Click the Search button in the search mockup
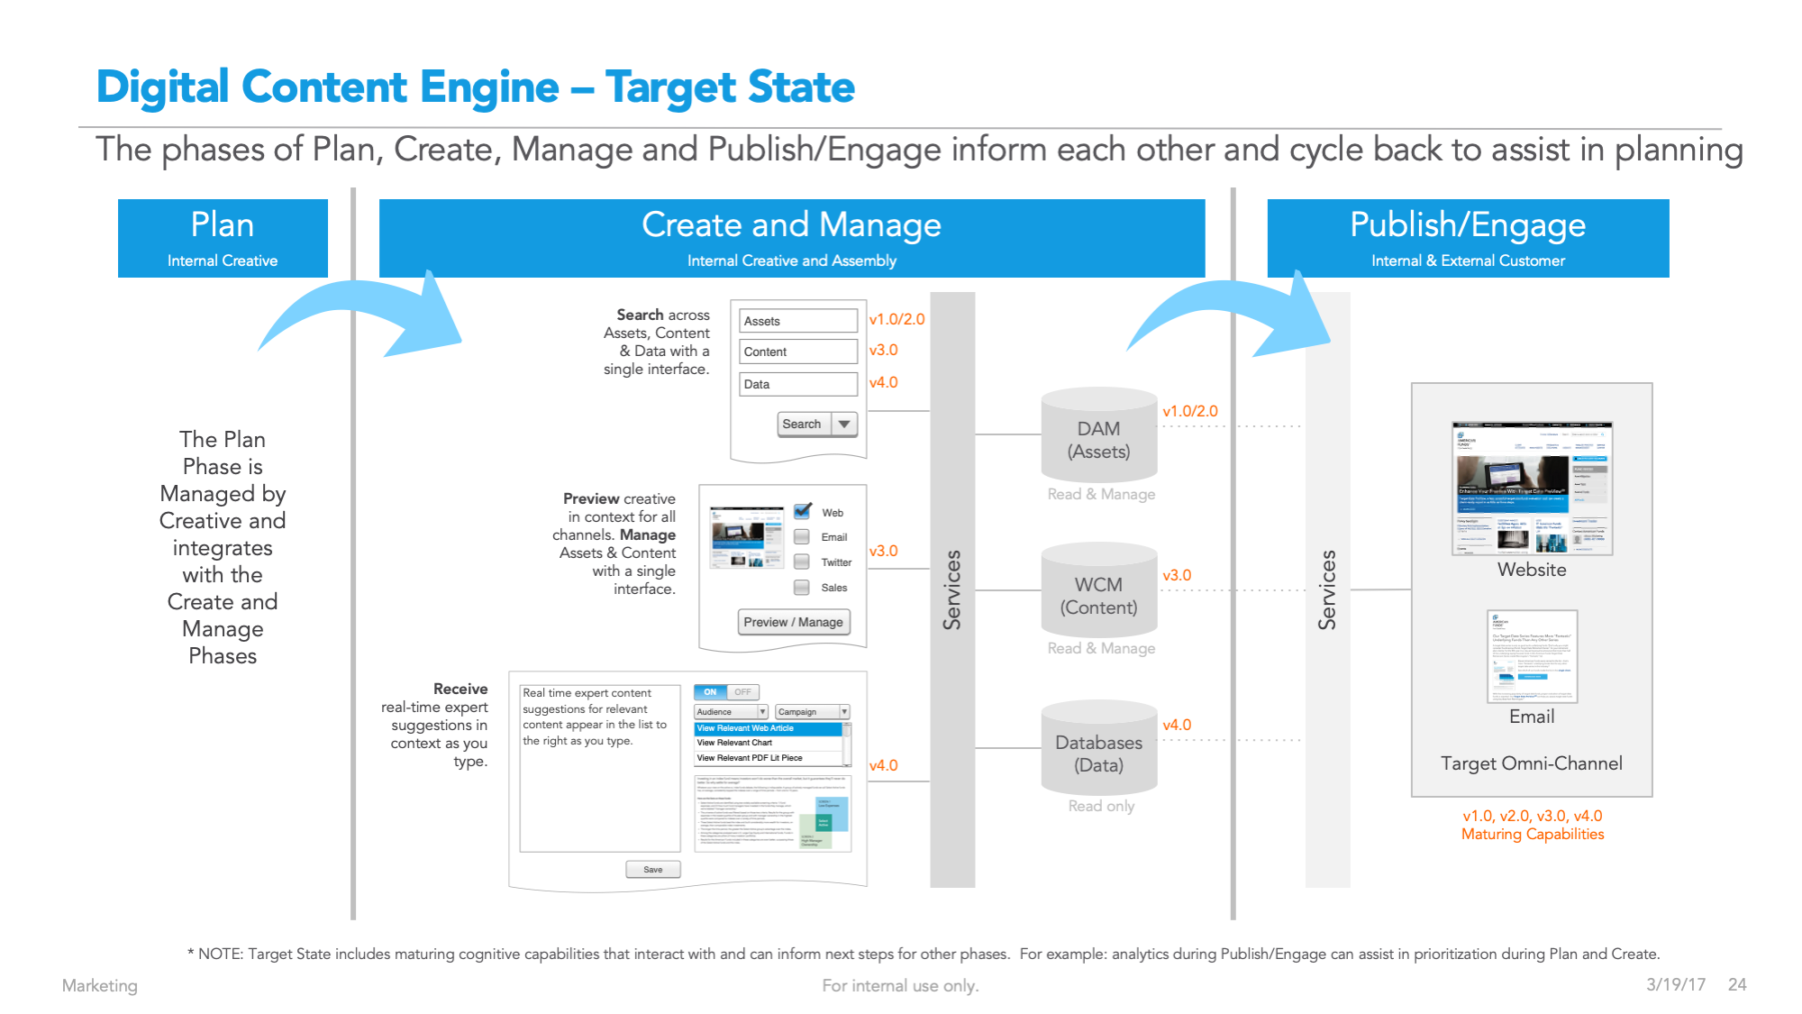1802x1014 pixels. click(802, 424)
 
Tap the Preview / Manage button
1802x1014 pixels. click(793, 622)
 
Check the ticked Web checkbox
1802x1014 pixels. click(802, 511)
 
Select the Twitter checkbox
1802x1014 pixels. click(801, 562)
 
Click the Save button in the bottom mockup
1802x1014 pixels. click(652, 870)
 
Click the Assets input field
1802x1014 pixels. click(798, 321)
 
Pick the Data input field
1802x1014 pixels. click(798, 384)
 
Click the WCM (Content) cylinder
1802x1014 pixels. click(1098, 595)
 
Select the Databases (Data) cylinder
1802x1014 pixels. click(1098, 753)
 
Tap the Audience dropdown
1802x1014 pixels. click(731, 712)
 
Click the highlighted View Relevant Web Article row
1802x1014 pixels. click(769, 728)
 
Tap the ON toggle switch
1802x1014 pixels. click(711, 692)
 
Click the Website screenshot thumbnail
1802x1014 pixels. click(1532, 488)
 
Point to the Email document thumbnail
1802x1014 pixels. click(1532, 656)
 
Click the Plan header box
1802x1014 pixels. click(223, 238)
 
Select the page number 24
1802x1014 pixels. click(1737, 984)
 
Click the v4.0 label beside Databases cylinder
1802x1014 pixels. click(1177, 725)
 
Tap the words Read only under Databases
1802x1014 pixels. click(1101, 806)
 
